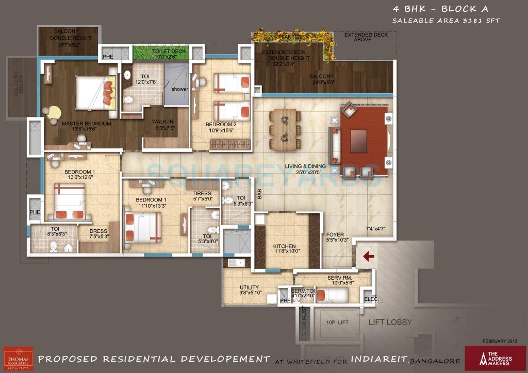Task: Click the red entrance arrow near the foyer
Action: point(369,256)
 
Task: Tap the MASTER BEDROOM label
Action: point(86,124)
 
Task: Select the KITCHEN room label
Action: point(284,246)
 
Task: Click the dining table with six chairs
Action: point(285,129)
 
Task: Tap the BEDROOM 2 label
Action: point(221,125)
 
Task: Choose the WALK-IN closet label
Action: point(162,122)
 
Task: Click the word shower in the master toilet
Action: point(180,89)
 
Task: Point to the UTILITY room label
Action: point(249,288)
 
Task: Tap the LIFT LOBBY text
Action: point(390,322)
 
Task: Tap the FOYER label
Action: point(335,234)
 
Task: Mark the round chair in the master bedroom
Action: point(53,112)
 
